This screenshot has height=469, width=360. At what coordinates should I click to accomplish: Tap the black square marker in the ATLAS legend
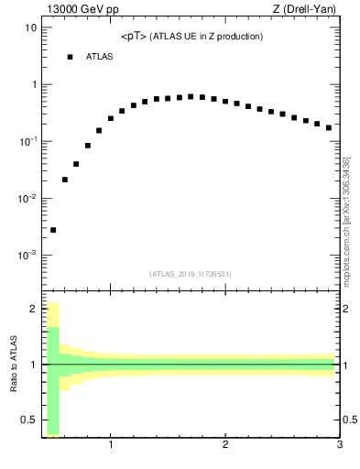point(70,57)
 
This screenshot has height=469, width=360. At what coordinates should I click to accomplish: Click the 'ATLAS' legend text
point(100,57)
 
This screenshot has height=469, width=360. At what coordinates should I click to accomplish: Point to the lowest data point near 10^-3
point(53,230)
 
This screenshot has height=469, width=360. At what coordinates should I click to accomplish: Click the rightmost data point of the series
point(329,127)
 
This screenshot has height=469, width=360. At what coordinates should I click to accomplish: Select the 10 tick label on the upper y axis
point(30,27)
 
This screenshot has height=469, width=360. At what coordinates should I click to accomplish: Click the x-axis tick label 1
point(111,445)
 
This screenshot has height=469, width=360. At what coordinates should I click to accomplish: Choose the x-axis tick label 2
point(225,445)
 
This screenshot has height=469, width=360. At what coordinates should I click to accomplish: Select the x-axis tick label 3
point(339,445)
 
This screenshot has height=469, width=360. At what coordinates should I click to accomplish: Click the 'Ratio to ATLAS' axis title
point(14,364)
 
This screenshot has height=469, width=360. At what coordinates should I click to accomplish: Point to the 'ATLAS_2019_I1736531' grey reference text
point(190,274)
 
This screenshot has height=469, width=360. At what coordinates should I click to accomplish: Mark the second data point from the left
point(65,180)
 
